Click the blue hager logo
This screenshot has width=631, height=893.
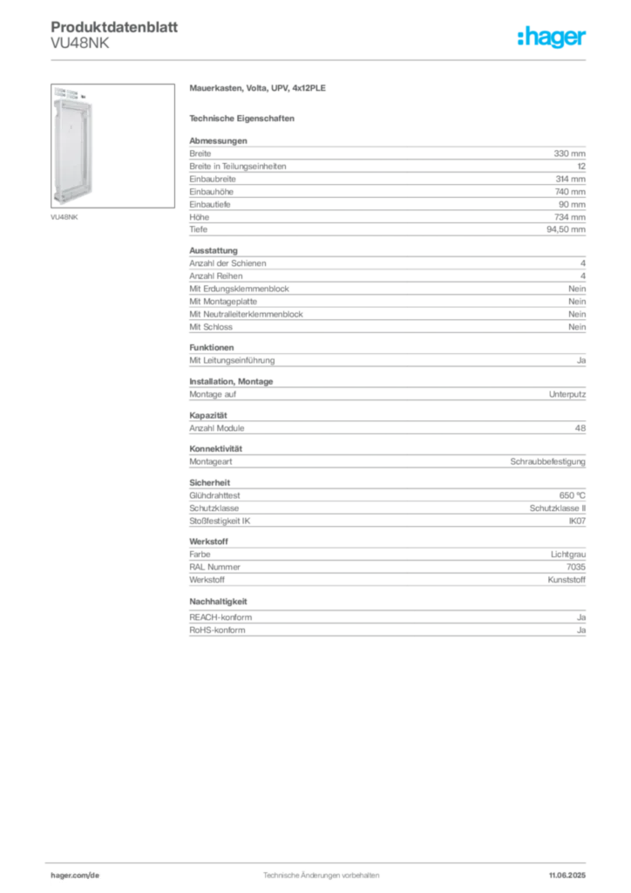click(x=553, y=38)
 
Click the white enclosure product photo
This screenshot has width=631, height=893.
click(x=72, y=148)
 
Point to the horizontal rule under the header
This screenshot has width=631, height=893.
click(x=320, y=59)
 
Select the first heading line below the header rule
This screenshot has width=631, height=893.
click(x=257, y=90)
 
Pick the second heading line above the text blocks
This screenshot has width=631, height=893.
click(x=243, y=118)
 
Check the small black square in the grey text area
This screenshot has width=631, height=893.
click(x=205, y=408)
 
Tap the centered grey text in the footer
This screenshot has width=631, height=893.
click(x=320, y=871)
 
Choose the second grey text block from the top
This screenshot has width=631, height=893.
click(x=386, y=290)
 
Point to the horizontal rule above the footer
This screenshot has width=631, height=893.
click(x=320, y=861)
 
